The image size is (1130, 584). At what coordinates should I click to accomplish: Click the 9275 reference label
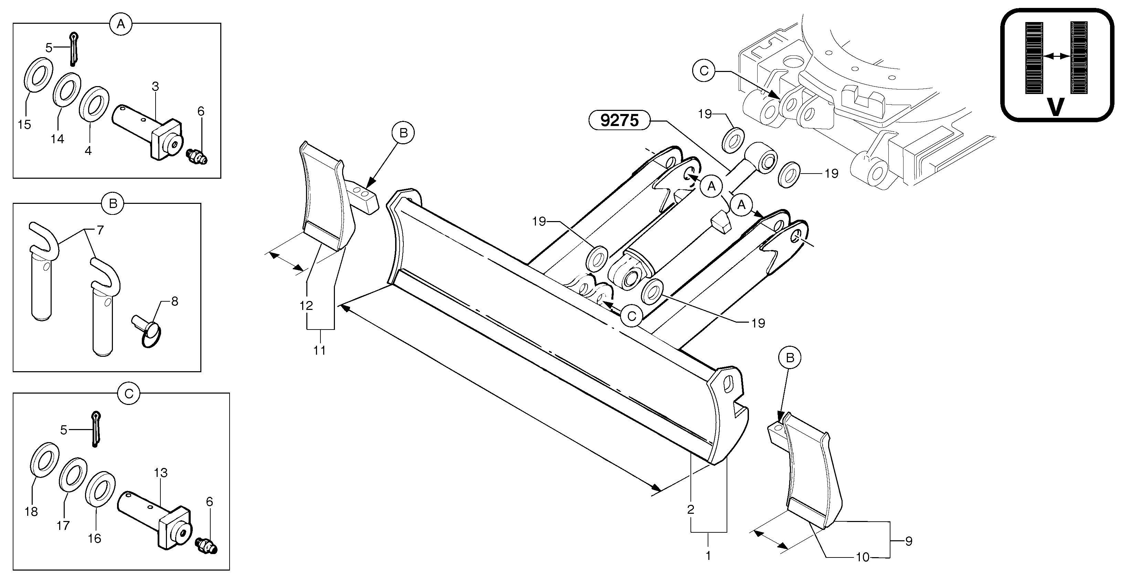click(619, 120)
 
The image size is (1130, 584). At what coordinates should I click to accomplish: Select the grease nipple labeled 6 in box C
click(206, 545)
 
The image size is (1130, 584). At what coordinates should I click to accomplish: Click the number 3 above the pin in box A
click(155, 86)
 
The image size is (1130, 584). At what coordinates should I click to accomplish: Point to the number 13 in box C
click(161, 473)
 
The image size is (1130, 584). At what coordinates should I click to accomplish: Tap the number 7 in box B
click(100, 230)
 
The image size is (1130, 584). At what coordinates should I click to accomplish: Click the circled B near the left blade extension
click(403, 133)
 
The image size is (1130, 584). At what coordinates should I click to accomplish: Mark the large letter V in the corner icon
click(1056, 107)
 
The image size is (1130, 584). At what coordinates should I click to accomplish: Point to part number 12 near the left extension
click(306, 305)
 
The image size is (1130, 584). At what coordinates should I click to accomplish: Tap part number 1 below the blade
click(708, 555)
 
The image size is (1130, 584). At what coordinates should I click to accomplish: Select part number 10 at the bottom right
click(863, 557)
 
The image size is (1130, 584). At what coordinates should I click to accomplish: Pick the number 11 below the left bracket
click(319, 350)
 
